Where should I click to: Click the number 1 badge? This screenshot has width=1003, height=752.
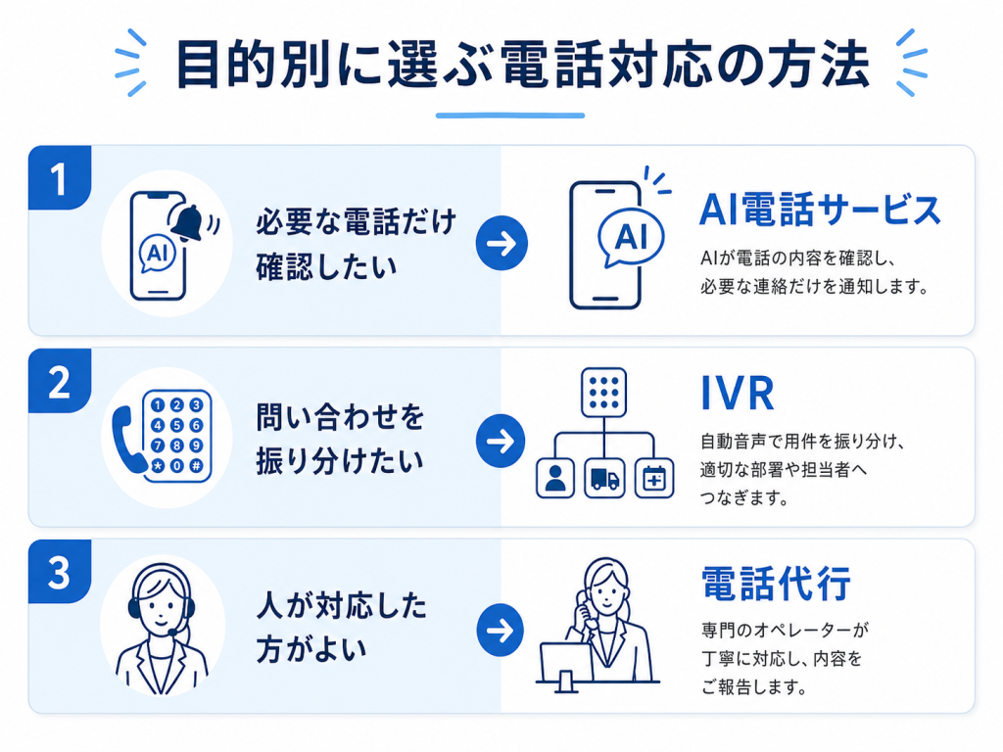(x=60, y=178)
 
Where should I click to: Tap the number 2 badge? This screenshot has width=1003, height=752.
(x=60, y=381)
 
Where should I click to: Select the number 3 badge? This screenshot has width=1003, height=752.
(x=60, y=571)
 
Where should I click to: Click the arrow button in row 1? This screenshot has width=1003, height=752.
(x=501, y=243)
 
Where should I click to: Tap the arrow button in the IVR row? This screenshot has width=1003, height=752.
(x=501, y=441)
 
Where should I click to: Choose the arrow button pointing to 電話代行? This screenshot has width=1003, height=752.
(x=501, y=630)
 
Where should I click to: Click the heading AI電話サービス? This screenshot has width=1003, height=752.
(x=820, y=210)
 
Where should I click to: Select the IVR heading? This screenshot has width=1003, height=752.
(x=738, y=394)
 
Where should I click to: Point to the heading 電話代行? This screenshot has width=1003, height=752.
(x=776, y=584)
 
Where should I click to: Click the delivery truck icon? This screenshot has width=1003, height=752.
(x=604, y=478)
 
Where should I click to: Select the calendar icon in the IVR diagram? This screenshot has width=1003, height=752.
(x=653, y=478)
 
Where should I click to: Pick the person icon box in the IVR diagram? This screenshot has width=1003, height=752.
(x=555, y=478)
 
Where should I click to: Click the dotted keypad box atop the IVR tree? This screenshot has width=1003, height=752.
(x=603, y=392)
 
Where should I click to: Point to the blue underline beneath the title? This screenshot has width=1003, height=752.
(x=510, y=116)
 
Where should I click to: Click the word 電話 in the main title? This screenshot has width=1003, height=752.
(x=553, y=64)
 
